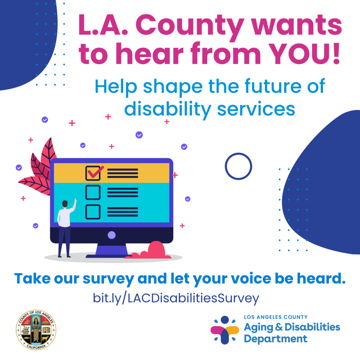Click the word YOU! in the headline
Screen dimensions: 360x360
tap(304, 54)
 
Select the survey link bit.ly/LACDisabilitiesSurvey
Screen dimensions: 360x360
tap(176, 298)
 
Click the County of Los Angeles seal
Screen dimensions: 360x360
tap(36, 330)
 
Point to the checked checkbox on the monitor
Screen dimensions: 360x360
tap(94, 173)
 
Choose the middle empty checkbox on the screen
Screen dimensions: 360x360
tap(93, 192)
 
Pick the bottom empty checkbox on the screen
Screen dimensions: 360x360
tap(93, 212)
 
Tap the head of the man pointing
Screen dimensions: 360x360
tap(65, 204)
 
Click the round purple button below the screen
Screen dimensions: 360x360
tap(111, 235)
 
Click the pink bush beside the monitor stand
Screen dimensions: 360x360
tap(152, 251)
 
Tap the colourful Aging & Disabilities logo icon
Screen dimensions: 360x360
tap(225, 330)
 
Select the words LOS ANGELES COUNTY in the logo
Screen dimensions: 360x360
tap(276, 317)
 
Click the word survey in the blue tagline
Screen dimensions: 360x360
tap(108, 279)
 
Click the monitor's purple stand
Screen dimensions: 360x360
tap(111, 251)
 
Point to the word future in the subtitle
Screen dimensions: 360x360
tap(273, 86)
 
